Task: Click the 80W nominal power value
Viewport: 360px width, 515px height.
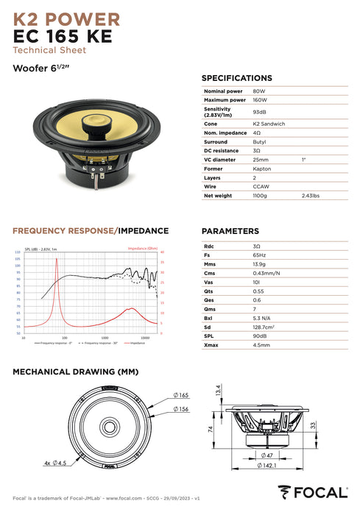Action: [x=258, y=90]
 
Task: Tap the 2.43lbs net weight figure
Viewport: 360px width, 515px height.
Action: [x=310, y=196]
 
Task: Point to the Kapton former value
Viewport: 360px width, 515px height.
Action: [x=261, y=168]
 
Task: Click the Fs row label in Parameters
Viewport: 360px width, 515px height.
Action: [x=207, y=254]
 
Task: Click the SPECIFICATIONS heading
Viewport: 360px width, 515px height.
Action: [x=236, y=77]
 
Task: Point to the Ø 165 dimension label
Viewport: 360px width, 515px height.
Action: [x=181, y=396]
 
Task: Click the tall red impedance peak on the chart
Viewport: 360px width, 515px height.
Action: [x=56, y=283]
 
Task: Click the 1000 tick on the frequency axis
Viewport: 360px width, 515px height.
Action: [x=105, y=338]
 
